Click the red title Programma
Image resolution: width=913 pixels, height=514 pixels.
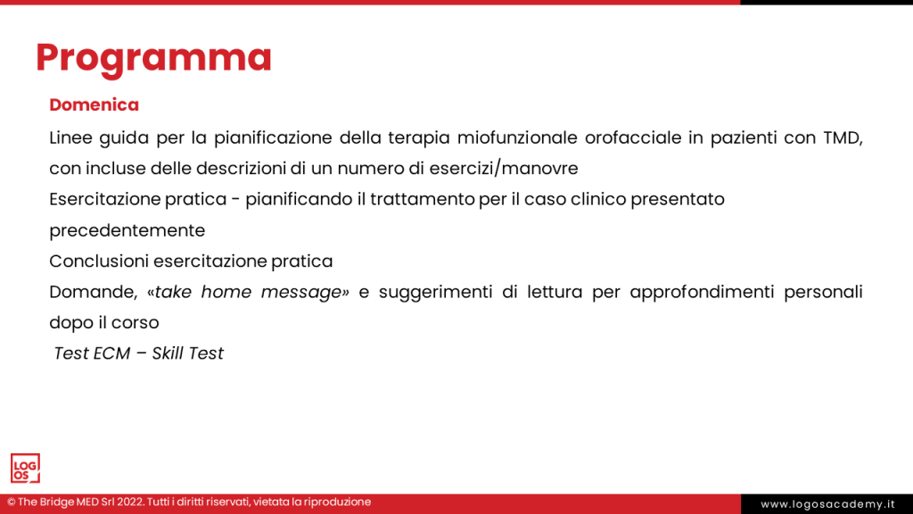(153, 58)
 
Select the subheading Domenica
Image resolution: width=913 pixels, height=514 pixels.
(95, 105)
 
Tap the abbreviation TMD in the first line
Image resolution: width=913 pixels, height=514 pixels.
(843, 138)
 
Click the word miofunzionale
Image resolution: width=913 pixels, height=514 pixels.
(517, 138)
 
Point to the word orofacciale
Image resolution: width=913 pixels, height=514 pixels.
(633, 138)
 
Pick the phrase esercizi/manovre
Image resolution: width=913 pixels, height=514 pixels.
(504, 169)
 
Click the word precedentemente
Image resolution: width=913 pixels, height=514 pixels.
(127, 231)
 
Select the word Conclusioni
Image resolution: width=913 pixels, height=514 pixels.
(99, 261)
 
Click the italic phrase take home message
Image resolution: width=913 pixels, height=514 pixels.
(249, 292)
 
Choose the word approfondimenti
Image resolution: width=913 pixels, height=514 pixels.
(702, 293)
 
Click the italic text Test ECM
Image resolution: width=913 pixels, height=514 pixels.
(92, 353)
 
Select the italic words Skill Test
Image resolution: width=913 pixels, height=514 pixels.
(187, 353)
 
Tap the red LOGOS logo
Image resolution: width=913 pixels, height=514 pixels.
(25, 468)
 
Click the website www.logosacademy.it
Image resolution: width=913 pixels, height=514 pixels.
(827, 504)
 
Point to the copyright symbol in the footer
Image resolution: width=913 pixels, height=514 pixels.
(11, 502)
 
